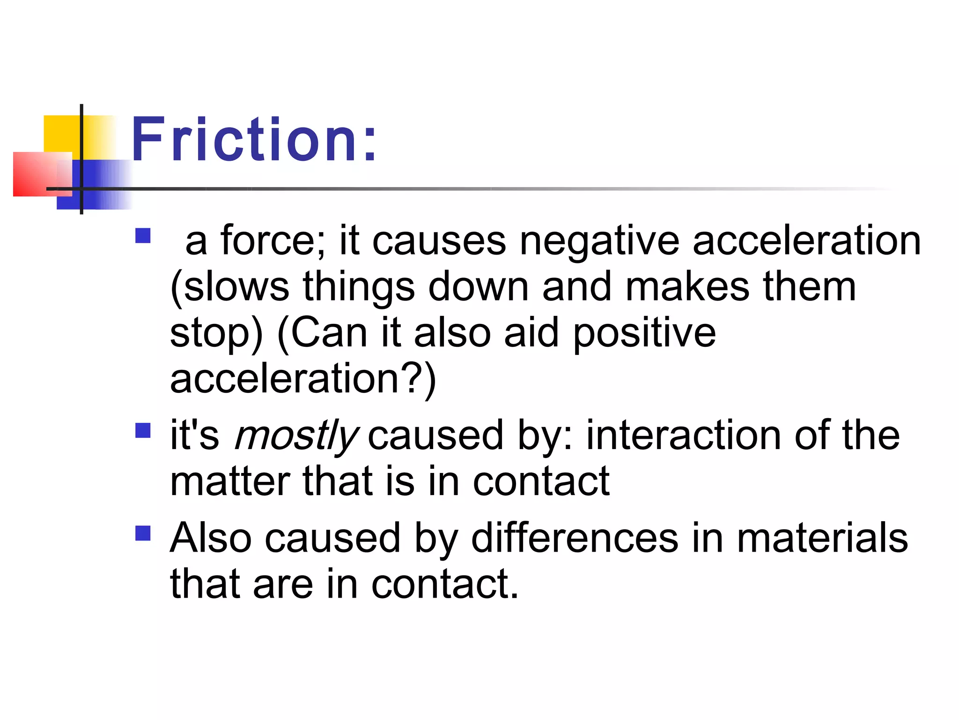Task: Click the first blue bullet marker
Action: [x=143, y=235]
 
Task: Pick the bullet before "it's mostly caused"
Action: [x=143, y=430]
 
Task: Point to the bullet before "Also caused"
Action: [x=143, y=533]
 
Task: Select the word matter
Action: [x=230, y=482]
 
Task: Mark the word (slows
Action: [x=230, y=287]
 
